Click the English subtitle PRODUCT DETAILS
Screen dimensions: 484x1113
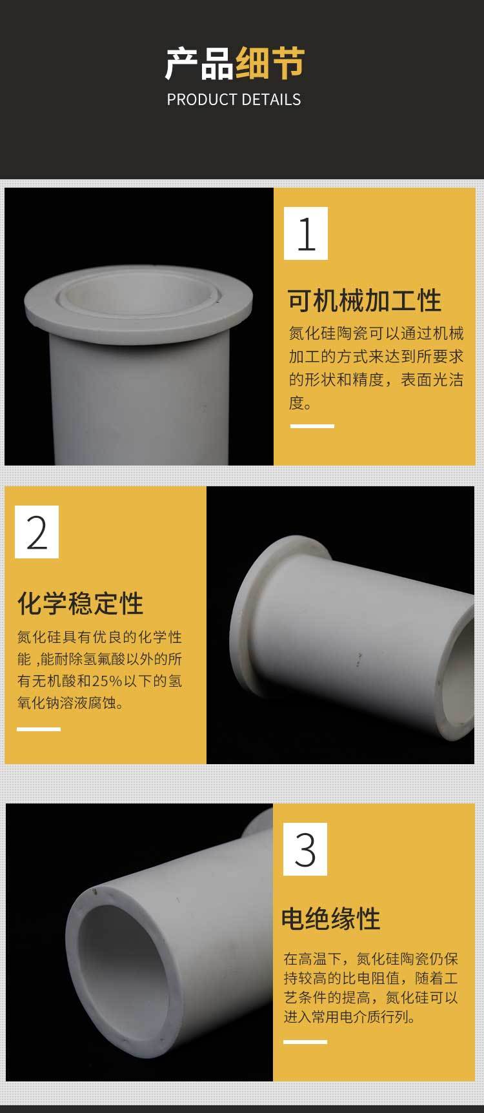point(234,99)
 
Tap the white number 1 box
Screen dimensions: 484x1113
point(306,233)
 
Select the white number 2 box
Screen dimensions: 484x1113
point(37,532)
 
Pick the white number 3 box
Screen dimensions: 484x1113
point(305,849)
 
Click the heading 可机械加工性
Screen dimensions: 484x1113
point(365,300)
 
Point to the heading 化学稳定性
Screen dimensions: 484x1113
point(81,604)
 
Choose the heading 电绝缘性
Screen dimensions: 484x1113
point(331,918)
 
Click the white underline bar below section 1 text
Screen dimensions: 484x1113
point(312,426)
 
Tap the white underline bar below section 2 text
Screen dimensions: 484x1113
point(39,729)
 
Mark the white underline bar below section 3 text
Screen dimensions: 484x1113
point(305,1041)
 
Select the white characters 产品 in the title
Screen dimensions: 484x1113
point(199,64)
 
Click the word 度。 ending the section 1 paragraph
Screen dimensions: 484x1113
point(301,403)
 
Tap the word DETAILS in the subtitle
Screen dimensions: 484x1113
point(272,99)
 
